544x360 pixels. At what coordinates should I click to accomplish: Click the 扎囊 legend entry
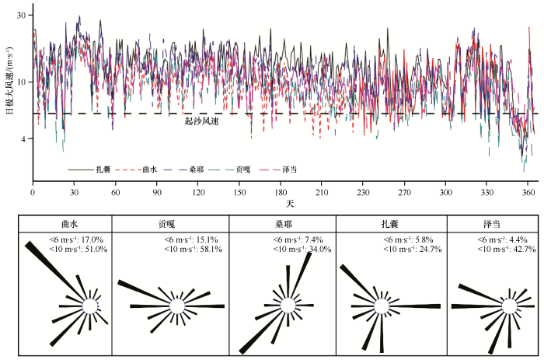coord(103,169)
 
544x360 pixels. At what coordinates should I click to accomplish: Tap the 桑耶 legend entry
coord(197,169)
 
